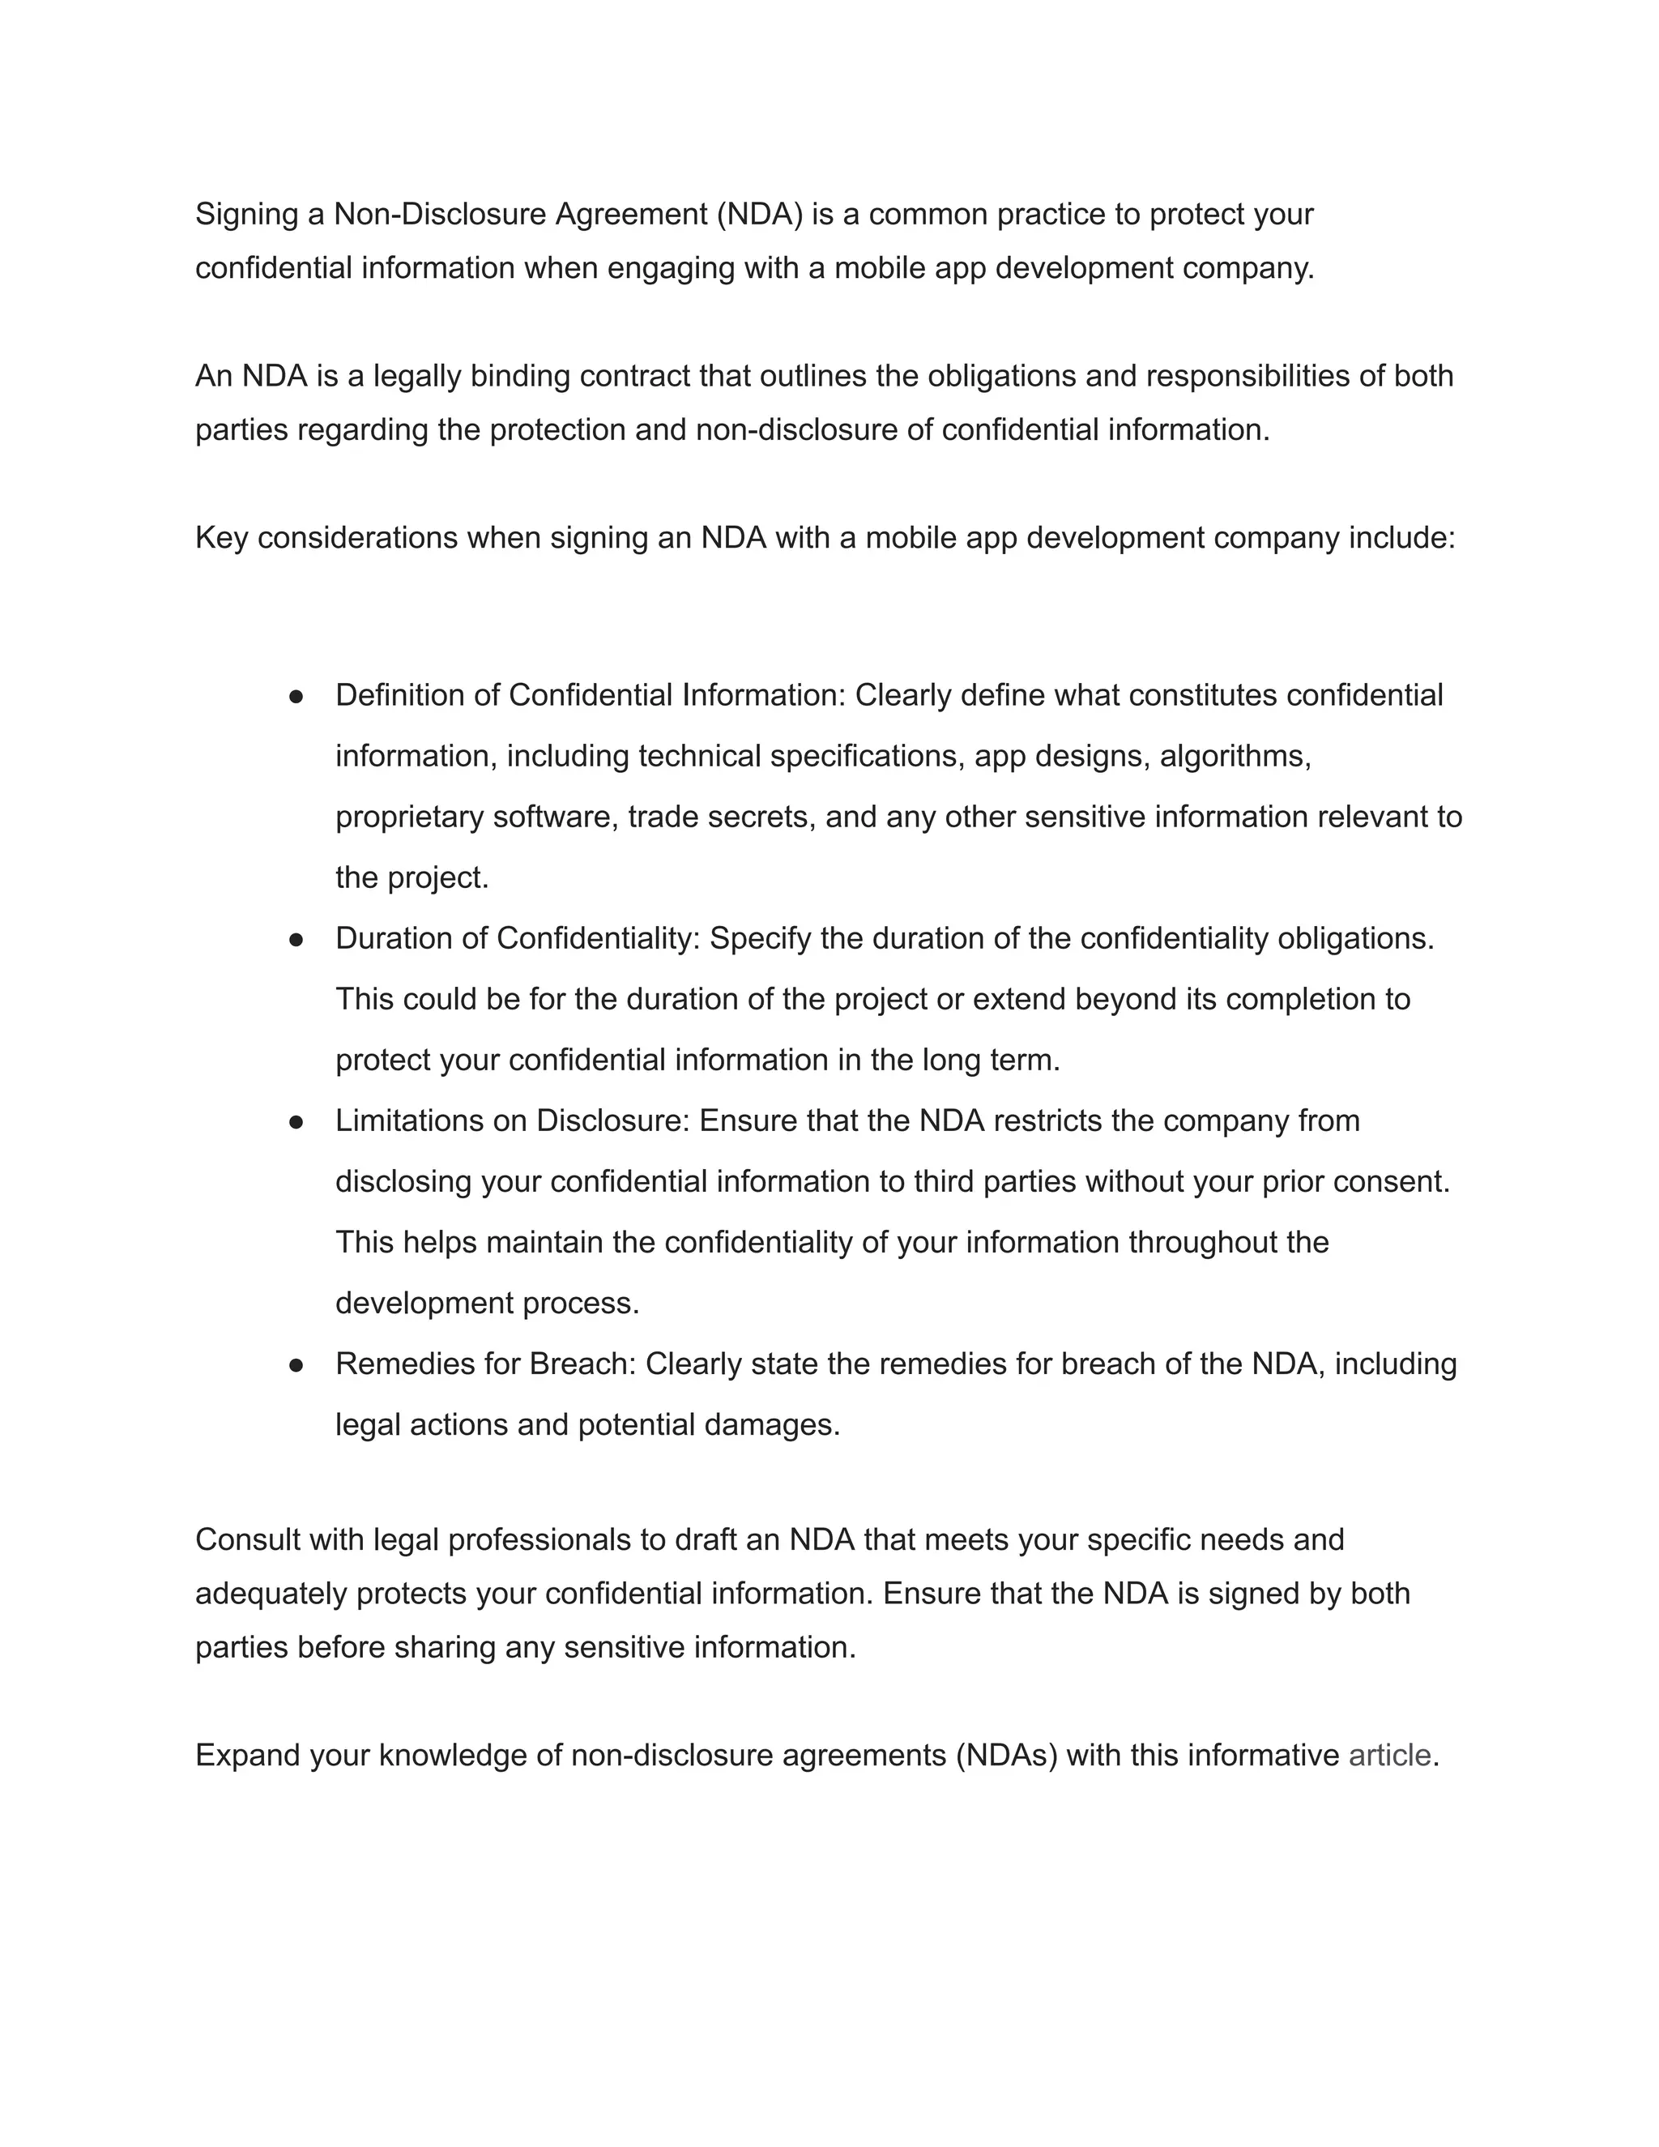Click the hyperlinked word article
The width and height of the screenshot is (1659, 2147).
[x=1388, y=1755]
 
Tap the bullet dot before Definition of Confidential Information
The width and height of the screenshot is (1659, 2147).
[x=296, y=696]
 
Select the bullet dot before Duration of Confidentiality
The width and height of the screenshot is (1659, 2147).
[x=296, y=939]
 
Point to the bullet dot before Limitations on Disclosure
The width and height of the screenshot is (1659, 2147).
[x=296, y=1121]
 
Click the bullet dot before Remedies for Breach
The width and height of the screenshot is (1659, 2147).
[x=296, y=1364]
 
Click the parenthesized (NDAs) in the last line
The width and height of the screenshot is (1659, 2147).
[x=1005, y=1755]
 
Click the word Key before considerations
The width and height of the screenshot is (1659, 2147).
[x=221, y=538]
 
